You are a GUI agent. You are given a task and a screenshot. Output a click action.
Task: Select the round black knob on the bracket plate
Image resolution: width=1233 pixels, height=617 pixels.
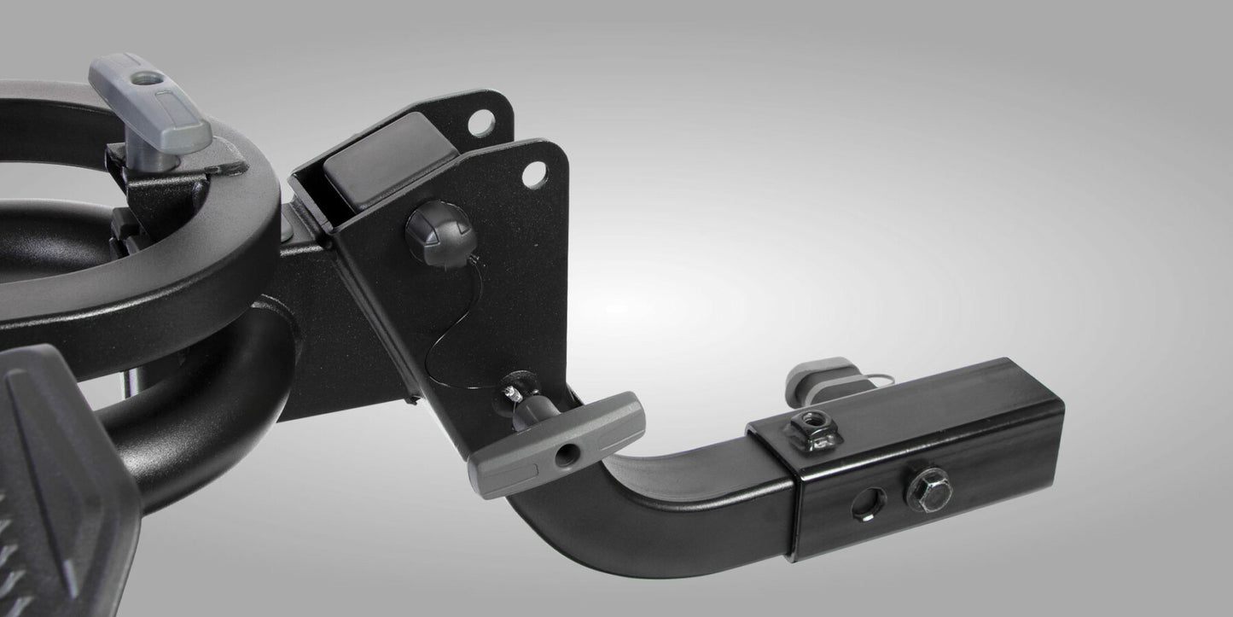(438, 230)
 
